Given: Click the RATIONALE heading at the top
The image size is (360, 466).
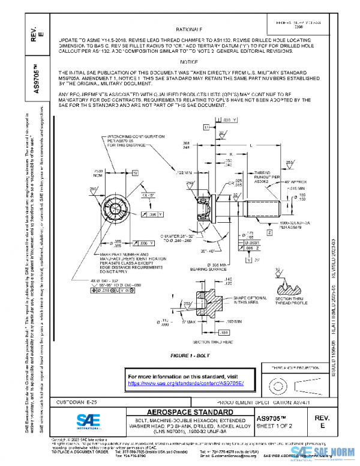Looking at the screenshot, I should (191, 29).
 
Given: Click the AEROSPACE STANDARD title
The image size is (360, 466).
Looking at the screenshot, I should (185, 412).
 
